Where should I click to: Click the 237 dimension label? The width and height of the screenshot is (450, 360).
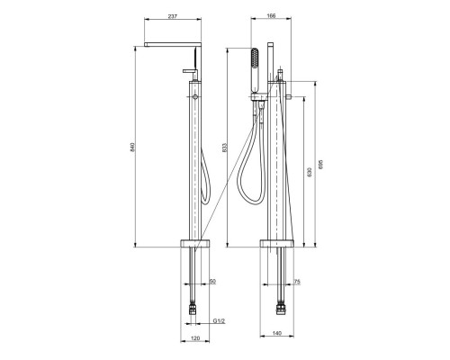point(172,16)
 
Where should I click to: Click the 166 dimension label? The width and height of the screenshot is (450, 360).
point(271,16)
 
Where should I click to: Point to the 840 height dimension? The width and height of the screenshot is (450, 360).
point(133,147)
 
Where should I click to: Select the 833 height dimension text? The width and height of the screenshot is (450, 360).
point(225,147)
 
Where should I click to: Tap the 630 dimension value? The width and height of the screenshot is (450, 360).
point(310,172)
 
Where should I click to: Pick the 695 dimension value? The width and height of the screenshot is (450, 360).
point(320,164)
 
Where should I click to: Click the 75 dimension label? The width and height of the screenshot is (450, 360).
point(297,282)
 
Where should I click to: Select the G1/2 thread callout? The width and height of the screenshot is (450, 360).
point(219,321)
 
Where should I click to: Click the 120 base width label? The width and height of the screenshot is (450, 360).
point(195,338)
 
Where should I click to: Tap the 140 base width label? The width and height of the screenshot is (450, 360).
point(277,333)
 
